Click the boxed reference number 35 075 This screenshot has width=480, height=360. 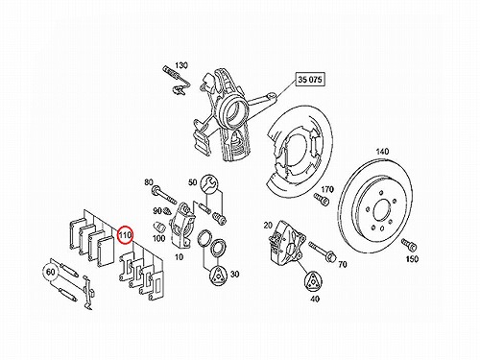[x=310, y=80]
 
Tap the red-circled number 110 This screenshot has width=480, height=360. [x=125, y=235]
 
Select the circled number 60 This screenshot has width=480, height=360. [x=51, y=273]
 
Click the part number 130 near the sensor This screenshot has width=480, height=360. [x=181, y=65]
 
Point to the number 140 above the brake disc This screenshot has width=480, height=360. [x=382, y=152]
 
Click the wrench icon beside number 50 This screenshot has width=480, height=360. [x=209, y=183]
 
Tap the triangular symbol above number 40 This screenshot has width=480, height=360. [x=312, y=282]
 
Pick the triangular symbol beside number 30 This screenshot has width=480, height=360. [x=219, y=275]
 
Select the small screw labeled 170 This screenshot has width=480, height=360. [x=322, y=199]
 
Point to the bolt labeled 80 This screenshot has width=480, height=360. [x=164, y=194]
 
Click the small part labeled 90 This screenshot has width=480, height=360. [x=166, y=211]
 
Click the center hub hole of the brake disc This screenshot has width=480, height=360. [x=381, y=212]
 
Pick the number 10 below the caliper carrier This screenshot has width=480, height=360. [x=180, y=256]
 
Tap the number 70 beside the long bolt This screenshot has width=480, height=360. [x=343, y=264]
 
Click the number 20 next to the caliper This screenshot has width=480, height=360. [x=268, y=226]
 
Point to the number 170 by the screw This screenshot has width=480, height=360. [x=326, y=189]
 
